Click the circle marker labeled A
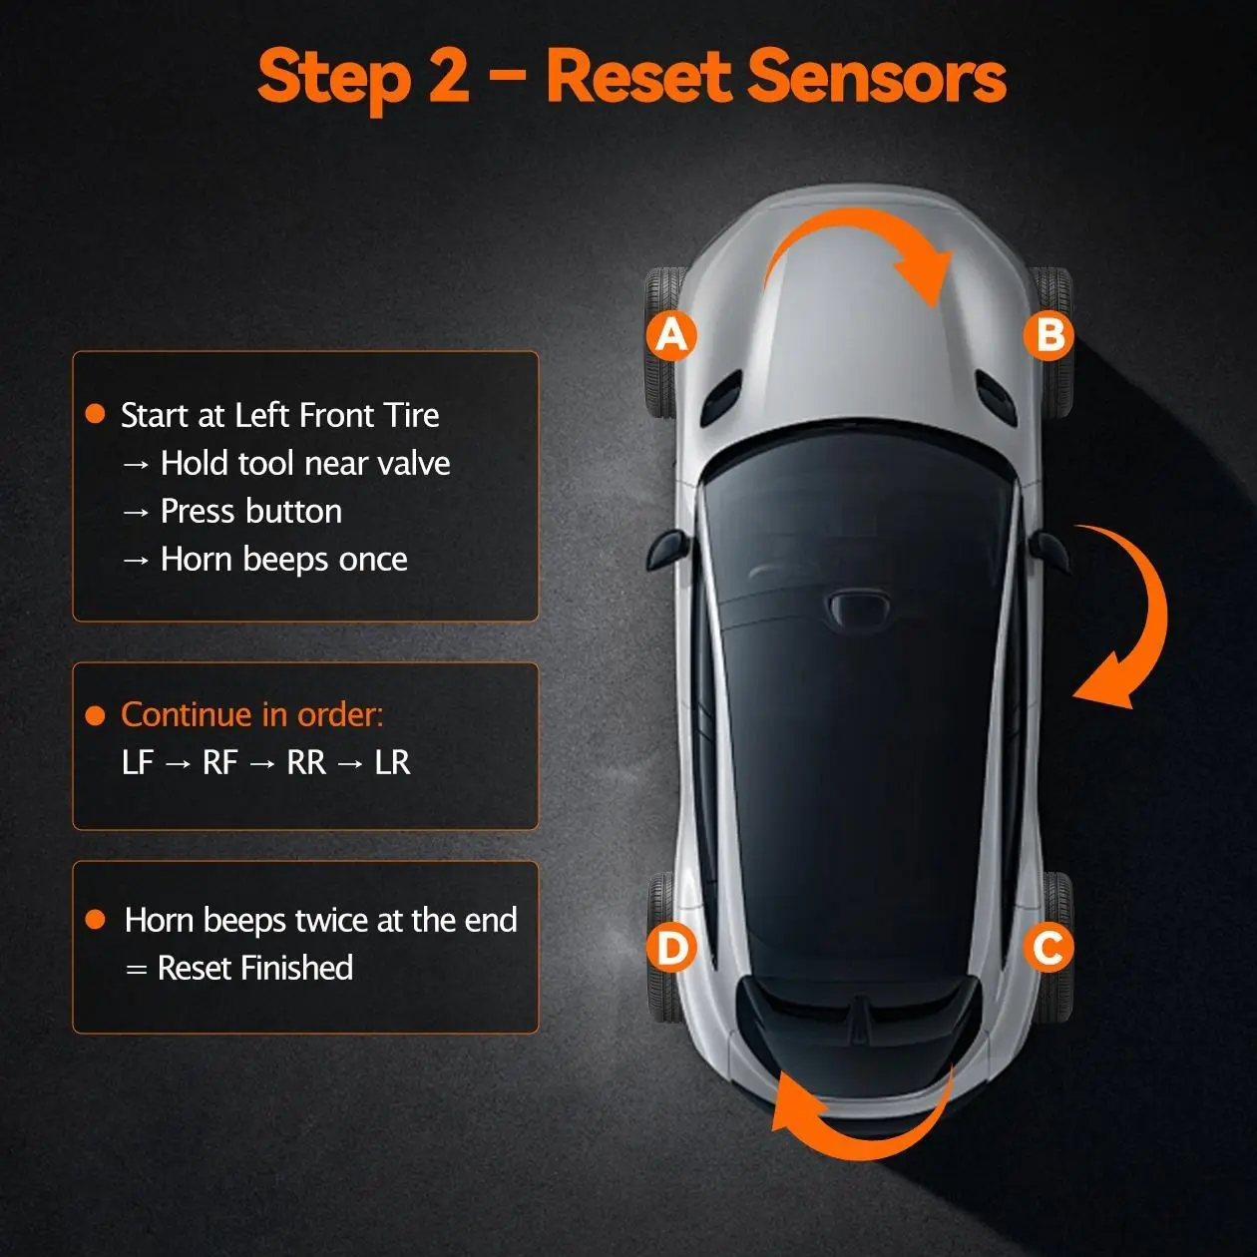click(x=671, y=335)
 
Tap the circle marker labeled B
click(x=1048, y=335)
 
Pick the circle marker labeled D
click(x=671, y=947)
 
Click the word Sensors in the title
click(x=877, y=77)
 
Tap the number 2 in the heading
click(x=448, y=77)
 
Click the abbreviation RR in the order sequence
click(x=306, y=762)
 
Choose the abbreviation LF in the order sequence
click(x=138, y=762)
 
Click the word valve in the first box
click(x=414, y=463)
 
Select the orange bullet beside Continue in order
click(x=95, y=715)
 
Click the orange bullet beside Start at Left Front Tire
click(x=95, y=414)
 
